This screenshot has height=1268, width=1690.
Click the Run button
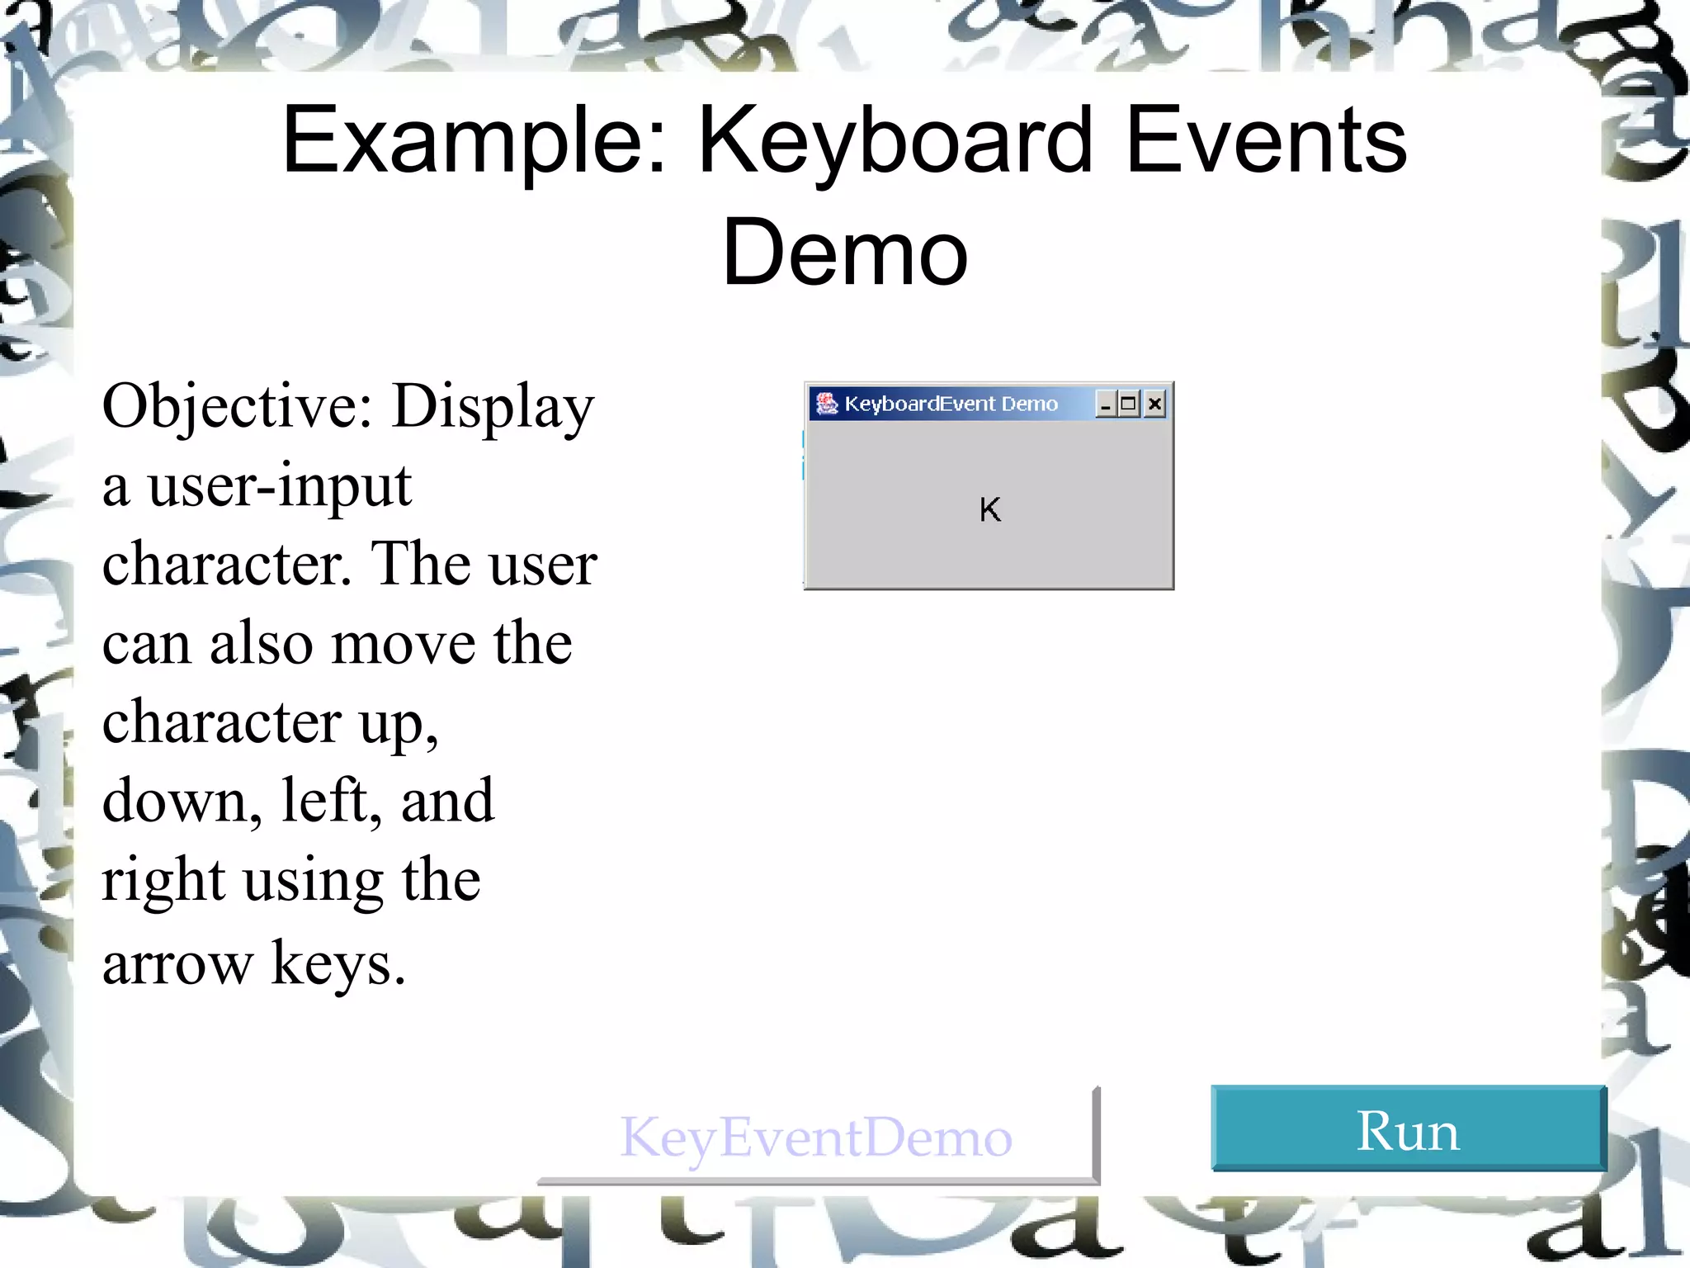1408,1129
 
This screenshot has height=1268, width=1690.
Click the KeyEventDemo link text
815,1138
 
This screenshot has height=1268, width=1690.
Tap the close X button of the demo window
1155,404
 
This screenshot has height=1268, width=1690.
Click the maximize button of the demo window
1129,404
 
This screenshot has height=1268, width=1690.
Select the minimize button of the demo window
1106,404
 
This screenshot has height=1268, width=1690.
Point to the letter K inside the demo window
990,510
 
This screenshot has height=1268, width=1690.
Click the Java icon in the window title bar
826,403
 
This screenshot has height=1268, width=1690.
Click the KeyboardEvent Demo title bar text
951,404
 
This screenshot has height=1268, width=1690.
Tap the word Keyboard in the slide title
896,142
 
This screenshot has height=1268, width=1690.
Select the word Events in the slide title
1266,142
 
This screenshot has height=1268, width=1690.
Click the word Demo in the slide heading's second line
844,253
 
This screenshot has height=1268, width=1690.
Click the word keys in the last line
338,963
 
